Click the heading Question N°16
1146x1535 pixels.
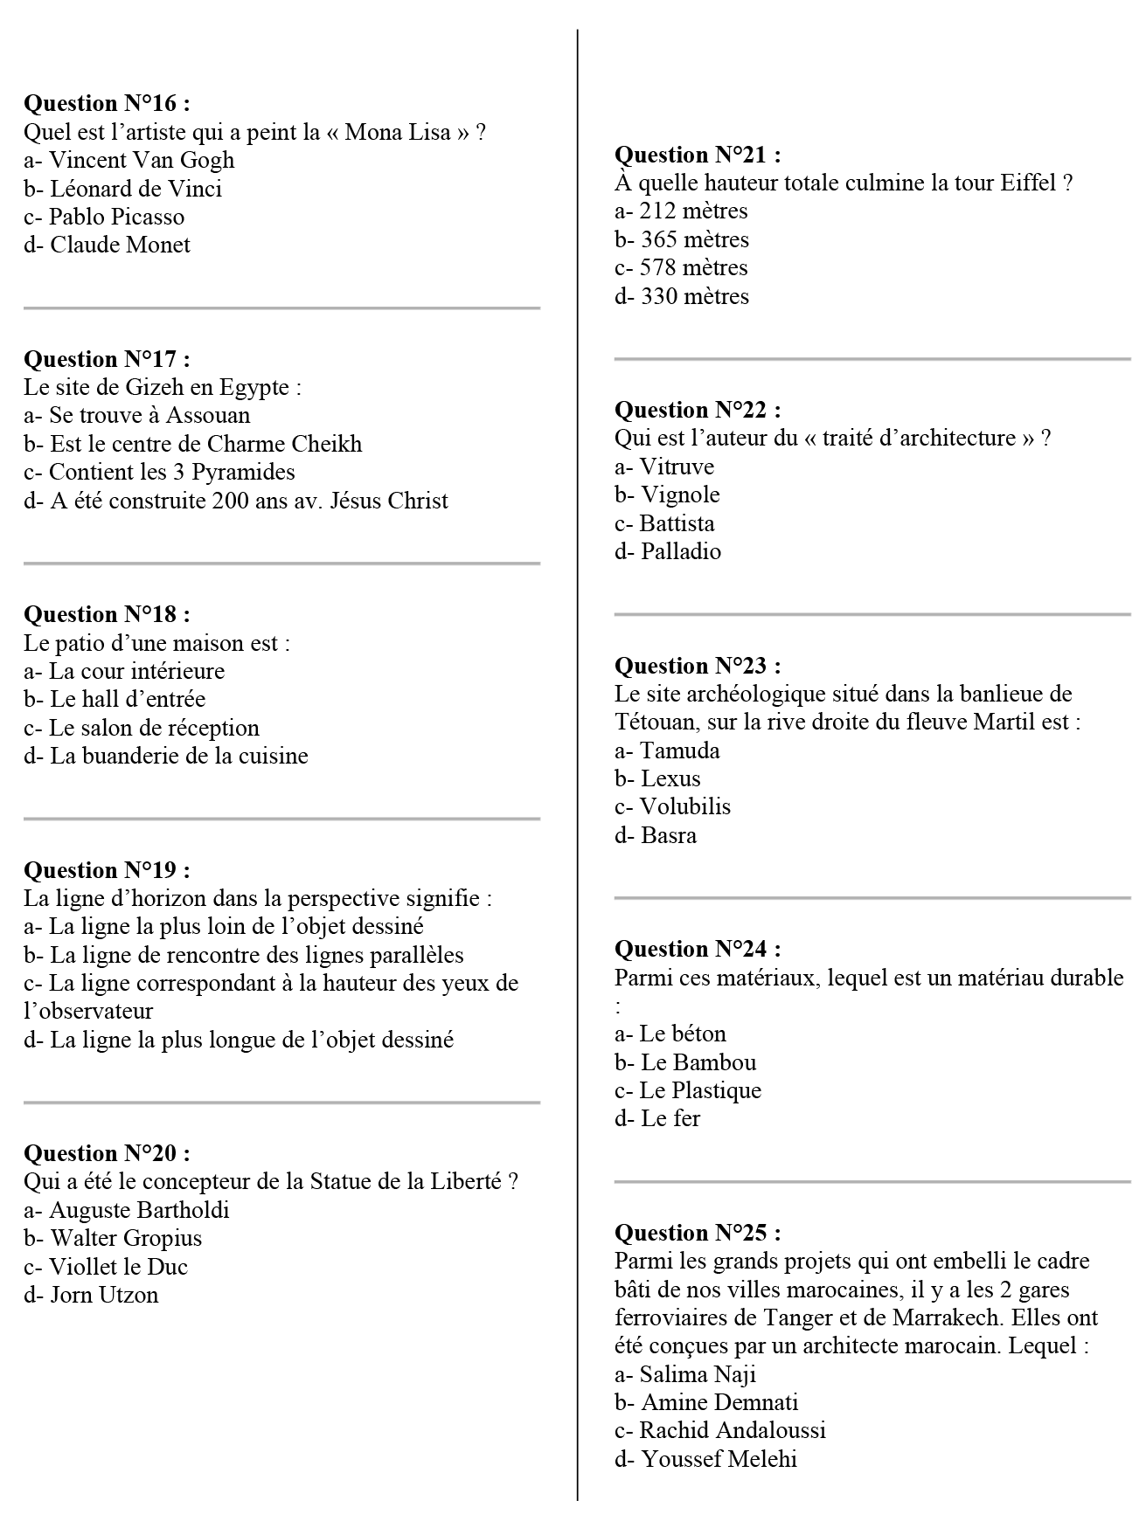tap(107, 104)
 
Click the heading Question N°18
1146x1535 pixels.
tap(107, 615)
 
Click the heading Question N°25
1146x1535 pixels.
tap(698, 1233)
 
